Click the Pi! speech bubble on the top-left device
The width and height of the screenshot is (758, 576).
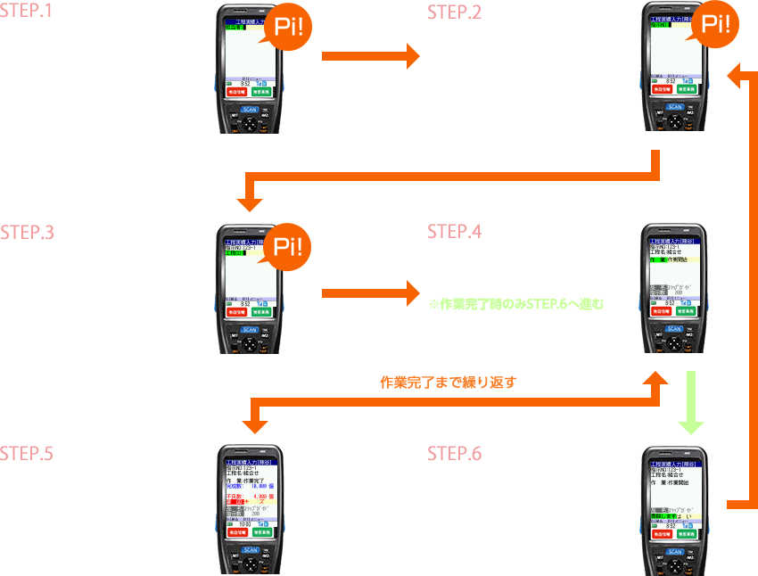(x=289, y=27)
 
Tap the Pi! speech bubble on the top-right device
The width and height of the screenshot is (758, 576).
(x=716, y=24)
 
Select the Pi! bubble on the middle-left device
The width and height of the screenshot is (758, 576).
(x=289, y=248)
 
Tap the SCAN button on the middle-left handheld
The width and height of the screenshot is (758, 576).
(x=250, y=328)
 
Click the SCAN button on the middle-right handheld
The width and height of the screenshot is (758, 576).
(x=674, y=328)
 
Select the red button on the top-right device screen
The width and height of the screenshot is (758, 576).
(x=661, y=89)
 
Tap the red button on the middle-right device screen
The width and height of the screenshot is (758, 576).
(x=661, y=311)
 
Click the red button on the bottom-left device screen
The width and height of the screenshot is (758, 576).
(x=236, y=532)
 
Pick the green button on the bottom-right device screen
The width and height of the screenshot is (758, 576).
(x=687, y=532)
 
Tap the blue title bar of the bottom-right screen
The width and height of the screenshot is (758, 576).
(x=674, y=464)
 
